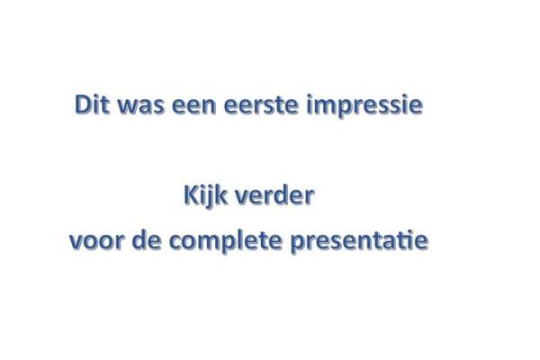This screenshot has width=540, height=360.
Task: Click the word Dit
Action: tap(92, 104)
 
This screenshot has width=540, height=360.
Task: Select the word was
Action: tap(141, 106)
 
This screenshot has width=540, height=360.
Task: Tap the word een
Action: tap(193, 106)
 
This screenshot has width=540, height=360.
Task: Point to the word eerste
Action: tap(261, 105)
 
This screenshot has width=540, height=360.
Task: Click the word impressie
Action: tap(364, 106)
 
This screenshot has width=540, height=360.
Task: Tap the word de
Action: tap(147, 239)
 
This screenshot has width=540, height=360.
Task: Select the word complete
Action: tap(226, 240)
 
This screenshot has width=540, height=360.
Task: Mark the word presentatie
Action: tap(359, 240)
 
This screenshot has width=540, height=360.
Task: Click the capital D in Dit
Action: tap(84, 104)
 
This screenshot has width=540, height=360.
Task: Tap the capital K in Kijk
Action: tap(192, 195)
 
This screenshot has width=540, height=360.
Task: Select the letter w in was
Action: tap(128, 107)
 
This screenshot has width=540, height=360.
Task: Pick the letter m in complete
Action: tap(211, 242)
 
